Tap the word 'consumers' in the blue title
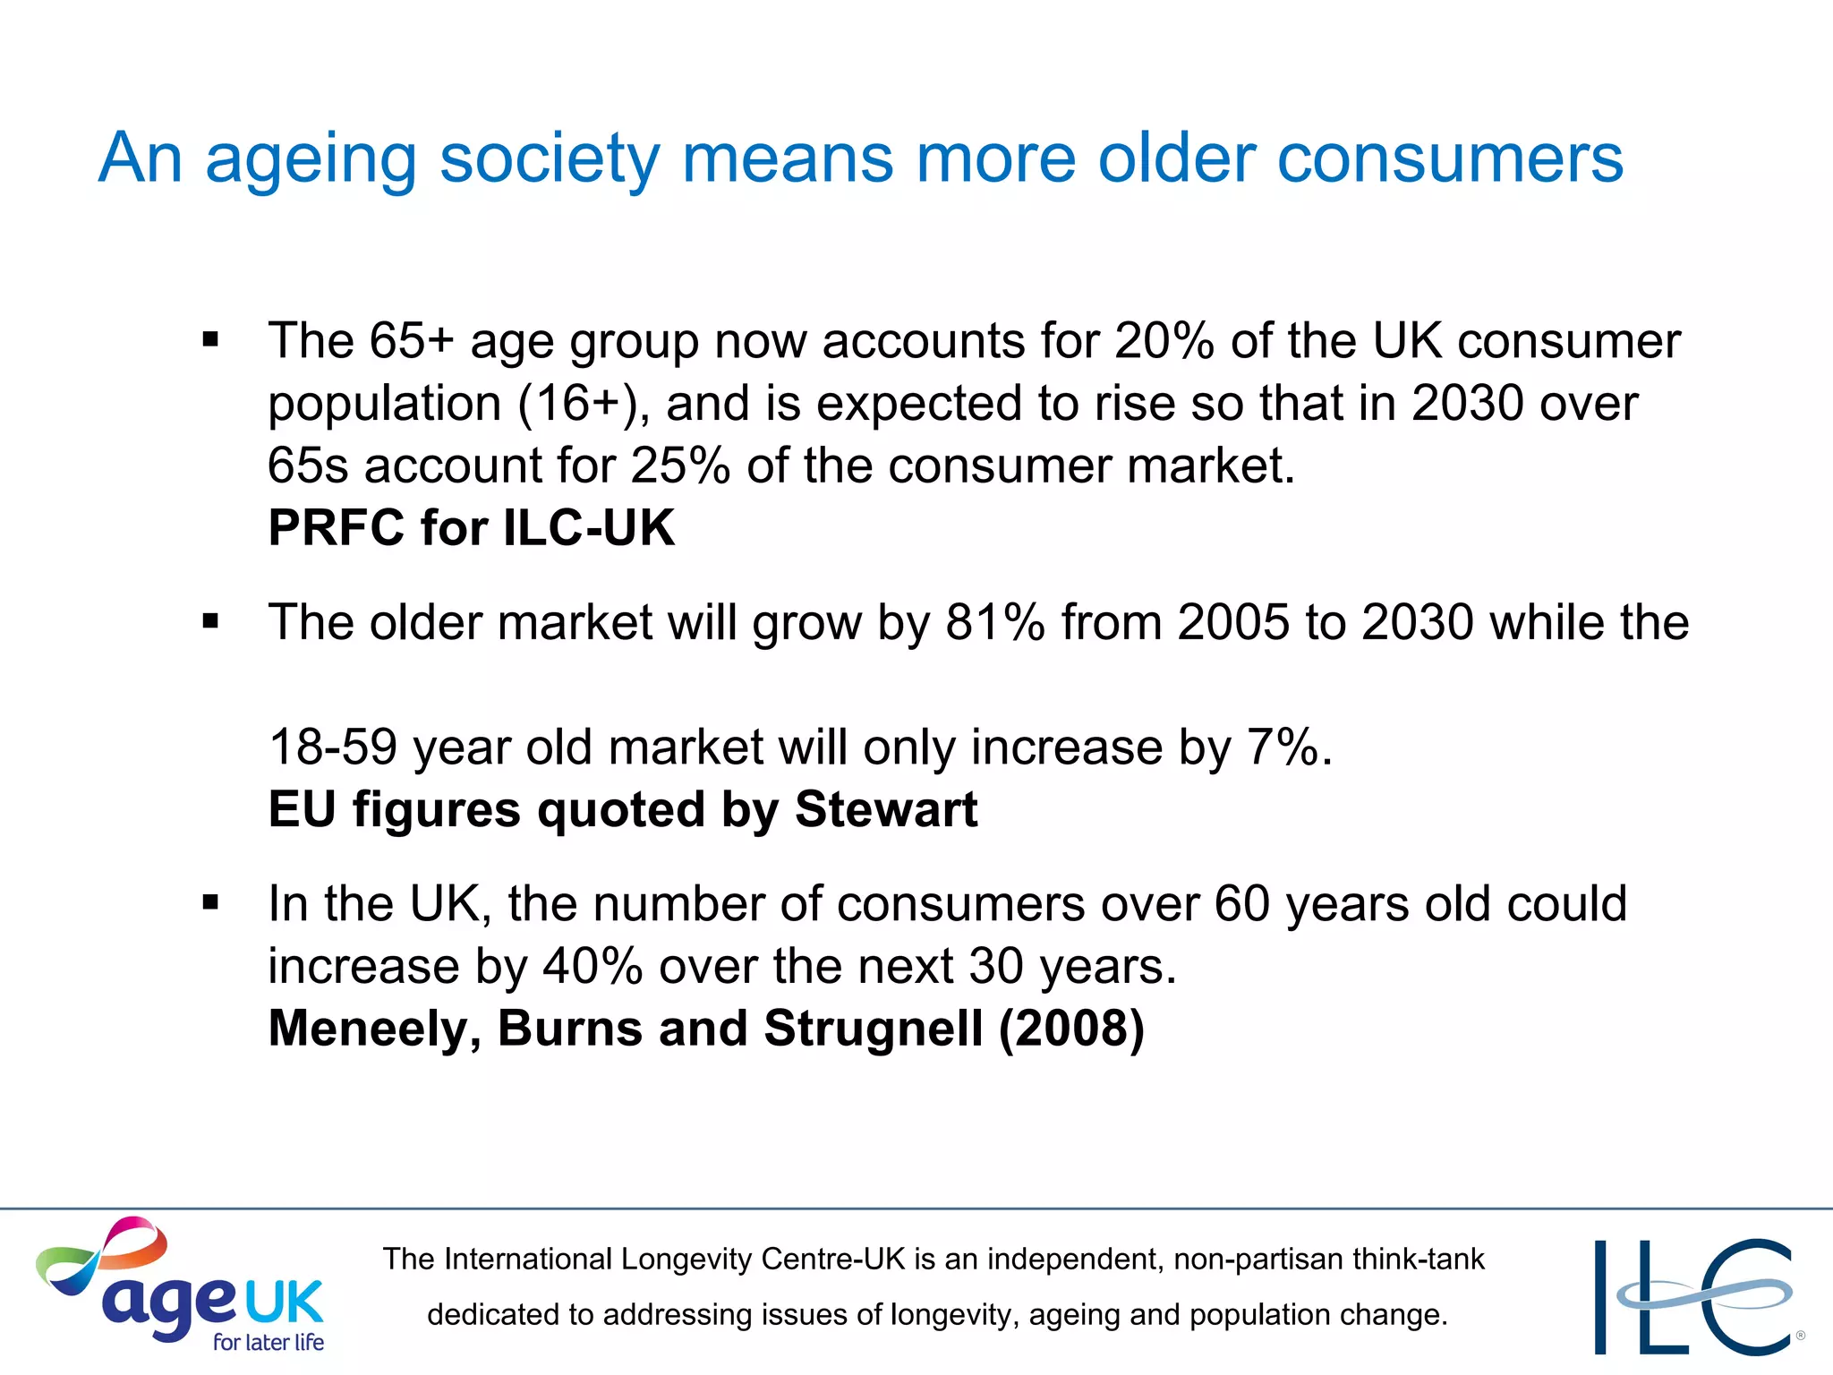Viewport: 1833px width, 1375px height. pyautogui.click(x=1449, y=158)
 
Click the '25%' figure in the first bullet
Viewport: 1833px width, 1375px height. pyautogui.click(x=680, y=465)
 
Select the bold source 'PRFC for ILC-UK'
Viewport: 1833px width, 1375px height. pyautogui.click(x=472, y=527)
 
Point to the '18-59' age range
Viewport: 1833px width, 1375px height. pyautogui.click(x=333, y=747)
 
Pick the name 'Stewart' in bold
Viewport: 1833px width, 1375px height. pyautogui.click(x=886, y=809)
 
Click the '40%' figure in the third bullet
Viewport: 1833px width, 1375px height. pyautogui.click(x=593, y=966)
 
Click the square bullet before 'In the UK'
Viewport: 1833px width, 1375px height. pyautogui.click(x=211, y=902)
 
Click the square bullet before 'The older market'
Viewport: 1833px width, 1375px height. pyautogui.click(x=211, y=621)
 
